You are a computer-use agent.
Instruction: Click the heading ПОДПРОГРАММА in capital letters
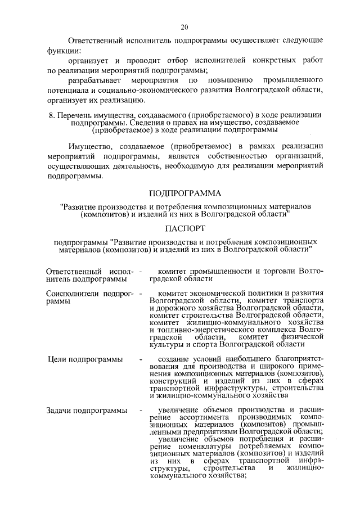click(186, 194)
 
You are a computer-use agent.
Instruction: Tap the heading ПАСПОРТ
click(185, 229)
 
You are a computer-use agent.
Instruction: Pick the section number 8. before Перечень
click(52, 115)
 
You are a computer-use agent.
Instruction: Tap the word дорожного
click(171, 308)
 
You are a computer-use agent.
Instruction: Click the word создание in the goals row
click(175, 359)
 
